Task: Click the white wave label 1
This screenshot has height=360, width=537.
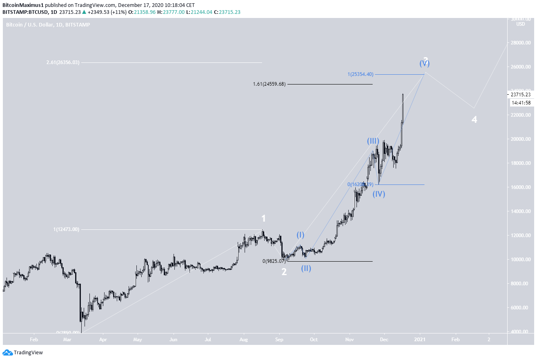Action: [264, 218]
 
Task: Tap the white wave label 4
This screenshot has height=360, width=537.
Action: [474, 120]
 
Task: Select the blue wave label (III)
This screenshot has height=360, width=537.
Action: [373, 141]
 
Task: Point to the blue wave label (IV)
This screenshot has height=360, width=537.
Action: [379, 194]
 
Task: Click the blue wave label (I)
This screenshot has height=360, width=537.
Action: [300, 235]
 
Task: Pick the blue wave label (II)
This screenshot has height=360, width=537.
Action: [306, 268]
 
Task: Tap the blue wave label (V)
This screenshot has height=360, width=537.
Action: [425, 64]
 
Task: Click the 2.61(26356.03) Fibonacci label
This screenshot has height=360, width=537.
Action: [63, 62]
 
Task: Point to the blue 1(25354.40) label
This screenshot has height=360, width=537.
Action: [360, 74]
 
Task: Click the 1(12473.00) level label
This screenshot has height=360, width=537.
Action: [66, 229]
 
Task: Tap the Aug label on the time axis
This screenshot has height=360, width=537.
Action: [243, 339]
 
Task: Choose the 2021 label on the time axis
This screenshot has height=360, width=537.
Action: [421, 339]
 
